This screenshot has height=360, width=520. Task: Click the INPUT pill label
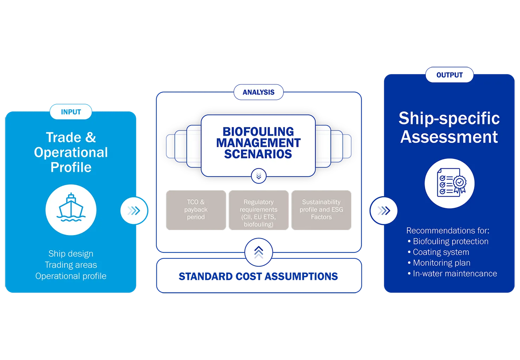[x=71, y=112]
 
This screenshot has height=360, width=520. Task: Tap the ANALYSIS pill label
[x=258, y=92]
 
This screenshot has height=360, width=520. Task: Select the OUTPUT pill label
[x=449, y=75]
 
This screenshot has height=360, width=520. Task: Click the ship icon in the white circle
[x=71, y=208]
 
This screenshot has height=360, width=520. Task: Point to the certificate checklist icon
[x=451, y=182]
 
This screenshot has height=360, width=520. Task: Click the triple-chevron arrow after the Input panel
[x=134, y=211]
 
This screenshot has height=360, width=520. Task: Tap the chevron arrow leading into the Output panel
[x=384, y=211]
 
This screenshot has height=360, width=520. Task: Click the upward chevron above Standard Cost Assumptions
[x=259, y=252]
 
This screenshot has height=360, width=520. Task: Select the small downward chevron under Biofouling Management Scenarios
[x=259, y=176]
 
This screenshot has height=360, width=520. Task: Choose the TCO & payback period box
[x=196, y=210]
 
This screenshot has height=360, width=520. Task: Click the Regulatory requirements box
[x=259, y=210]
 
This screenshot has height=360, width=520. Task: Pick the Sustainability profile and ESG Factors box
[x=321, y=210]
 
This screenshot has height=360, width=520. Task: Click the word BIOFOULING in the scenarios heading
[x=258, y=132]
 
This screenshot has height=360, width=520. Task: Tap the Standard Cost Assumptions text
[x=258, y=276]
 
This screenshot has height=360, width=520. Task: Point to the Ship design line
[x=71, y=254]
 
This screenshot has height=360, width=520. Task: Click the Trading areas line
[x=71, y=265]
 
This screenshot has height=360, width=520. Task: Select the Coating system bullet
[x=438, y=252]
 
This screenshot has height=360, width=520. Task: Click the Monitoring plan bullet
[x=439, y=263]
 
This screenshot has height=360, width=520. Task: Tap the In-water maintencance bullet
[x=453, y=274]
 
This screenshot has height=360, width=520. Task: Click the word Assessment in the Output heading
[x=449, y=137]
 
